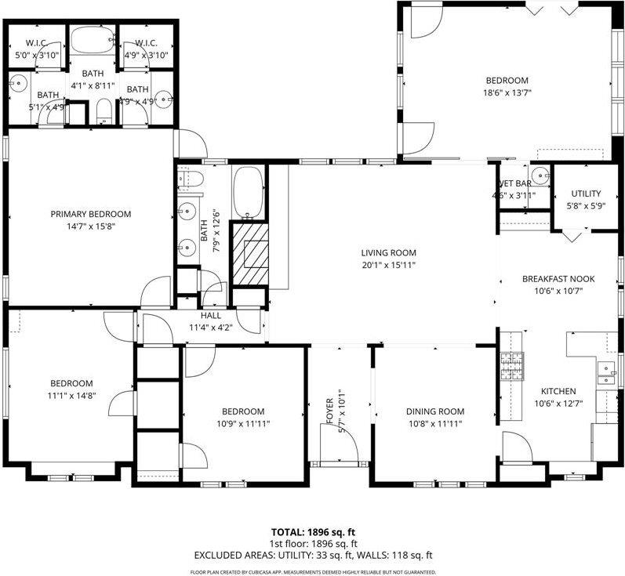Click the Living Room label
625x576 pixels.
(x=387, y=252)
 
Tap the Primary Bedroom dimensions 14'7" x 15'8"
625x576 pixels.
(x=91, y=226)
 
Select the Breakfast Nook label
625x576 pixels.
(x=558, y=278)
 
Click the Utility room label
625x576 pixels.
(x=585, y=194)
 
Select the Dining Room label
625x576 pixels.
(x=434, y=411)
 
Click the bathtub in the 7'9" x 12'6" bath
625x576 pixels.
(x=249, y=192)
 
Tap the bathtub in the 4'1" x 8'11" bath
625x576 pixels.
(x=93, y=40)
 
